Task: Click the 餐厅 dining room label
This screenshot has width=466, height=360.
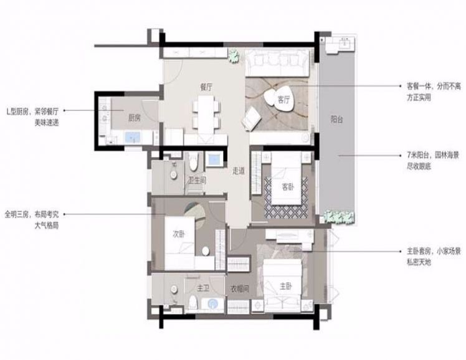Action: [206, 88]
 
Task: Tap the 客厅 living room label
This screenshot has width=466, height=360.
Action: [283, 100]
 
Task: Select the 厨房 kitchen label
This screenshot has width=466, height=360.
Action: [135, 118]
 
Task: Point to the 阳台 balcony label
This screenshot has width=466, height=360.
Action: [336, 120]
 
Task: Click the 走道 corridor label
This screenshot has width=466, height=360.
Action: [239, 171]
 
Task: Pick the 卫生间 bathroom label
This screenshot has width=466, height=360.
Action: [197, 180]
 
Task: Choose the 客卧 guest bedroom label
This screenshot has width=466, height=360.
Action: [287, 187]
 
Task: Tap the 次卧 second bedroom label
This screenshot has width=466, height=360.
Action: [179, 234]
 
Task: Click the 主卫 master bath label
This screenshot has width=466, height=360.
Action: [203, 288]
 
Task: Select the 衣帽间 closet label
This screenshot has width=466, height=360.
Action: [239, 288]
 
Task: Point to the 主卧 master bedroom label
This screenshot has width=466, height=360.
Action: [285, 287]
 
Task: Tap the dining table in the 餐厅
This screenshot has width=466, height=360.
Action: [206, 115]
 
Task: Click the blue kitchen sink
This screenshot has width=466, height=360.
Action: [133, 137]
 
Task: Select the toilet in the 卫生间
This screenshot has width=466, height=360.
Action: [194, 163]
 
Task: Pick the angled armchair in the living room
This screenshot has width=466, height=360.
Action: [252, 118]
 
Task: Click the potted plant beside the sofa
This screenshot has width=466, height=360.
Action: [234, 56]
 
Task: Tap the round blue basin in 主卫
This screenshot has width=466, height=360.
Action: [213, 303]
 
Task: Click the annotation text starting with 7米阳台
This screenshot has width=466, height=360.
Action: [433, 161]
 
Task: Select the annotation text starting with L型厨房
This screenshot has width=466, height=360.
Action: [32, 116]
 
